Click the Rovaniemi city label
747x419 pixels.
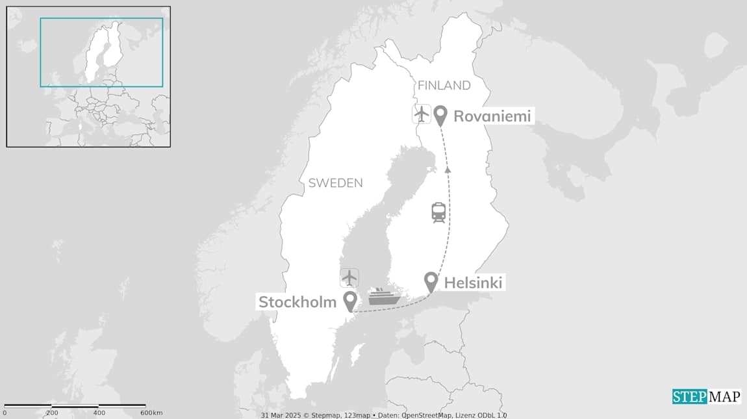point(492,116)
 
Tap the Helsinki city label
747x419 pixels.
point(473,283)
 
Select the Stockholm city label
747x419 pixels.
point(298,302)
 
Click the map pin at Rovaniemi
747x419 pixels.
point(441,115)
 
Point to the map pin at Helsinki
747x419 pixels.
point(431,281)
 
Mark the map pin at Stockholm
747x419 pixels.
point(350,301)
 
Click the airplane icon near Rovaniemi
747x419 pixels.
point(422,114)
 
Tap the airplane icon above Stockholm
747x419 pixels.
point(349,277)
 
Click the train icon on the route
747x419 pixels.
point(438,212)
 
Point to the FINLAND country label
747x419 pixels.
point(444,86)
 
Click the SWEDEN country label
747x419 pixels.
point(335,183)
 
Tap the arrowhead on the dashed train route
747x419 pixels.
point(448,170)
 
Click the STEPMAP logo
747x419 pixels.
point(706,396)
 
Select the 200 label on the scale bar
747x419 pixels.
point(52,413)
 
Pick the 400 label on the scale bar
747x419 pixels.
point(99,413)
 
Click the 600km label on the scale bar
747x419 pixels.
point(151,413)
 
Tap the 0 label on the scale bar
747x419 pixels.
point(5,413)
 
